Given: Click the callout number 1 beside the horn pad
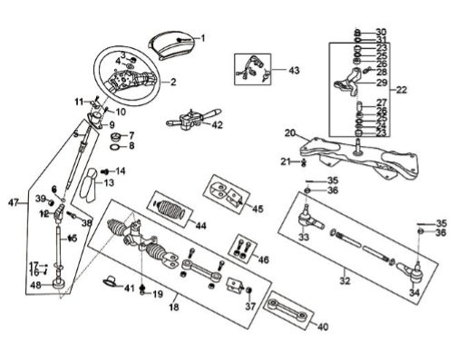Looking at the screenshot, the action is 203,38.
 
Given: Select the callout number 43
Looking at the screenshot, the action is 294,71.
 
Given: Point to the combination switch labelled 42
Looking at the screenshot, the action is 193,119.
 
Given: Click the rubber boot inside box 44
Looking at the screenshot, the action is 169,209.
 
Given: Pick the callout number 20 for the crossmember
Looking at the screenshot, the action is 290,133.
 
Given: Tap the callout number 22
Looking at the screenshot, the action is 402,90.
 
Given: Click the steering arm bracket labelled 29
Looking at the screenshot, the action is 347,83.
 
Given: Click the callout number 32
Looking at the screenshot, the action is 345,281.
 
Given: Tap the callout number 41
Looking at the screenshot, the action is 130,288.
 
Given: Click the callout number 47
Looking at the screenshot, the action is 14,202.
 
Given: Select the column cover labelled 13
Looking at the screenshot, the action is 88,185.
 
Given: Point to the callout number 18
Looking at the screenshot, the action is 174,307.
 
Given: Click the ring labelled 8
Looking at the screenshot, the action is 115,148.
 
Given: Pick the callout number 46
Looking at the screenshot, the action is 264,259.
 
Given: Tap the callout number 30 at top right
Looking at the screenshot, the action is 382,32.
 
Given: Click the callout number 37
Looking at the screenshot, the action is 250,306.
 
